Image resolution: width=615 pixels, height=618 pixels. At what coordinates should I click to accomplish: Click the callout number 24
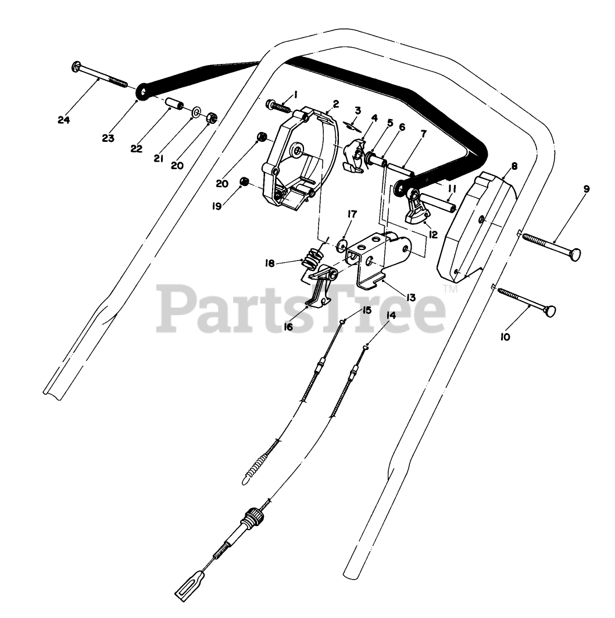(x=64, y=120)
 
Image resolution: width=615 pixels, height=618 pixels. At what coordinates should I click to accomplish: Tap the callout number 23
(x=108, y=138)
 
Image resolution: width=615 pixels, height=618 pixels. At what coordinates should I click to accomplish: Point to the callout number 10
(x=505, y=337)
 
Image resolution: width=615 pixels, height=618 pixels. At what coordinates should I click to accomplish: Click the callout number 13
(x=411, y=297)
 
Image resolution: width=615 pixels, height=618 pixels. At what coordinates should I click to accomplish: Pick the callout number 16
(x=288, y=327)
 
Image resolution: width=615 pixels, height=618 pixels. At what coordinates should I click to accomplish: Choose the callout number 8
(x=514, y=166)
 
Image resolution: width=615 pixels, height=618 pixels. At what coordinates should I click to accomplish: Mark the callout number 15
(x=367, y=310)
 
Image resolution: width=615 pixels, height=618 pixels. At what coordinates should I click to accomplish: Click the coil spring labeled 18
(x=313, y=258)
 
